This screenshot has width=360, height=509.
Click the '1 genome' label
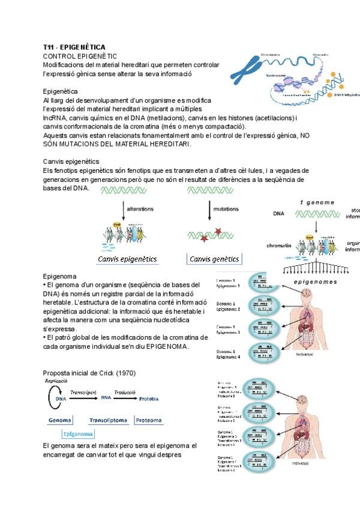pos(317,203)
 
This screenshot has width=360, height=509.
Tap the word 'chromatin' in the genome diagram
pos(279,245)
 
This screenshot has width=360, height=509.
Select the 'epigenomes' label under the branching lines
pos(315,282)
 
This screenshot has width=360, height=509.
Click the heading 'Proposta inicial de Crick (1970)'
pos(89,373)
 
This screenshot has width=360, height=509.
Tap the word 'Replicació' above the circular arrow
pos(55,382)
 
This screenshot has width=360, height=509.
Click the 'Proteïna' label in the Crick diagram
pos(153,398)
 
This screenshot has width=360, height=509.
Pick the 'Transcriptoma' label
pos(108,421)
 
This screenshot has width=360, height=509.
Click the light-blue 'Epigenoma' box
pos(78,433)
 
